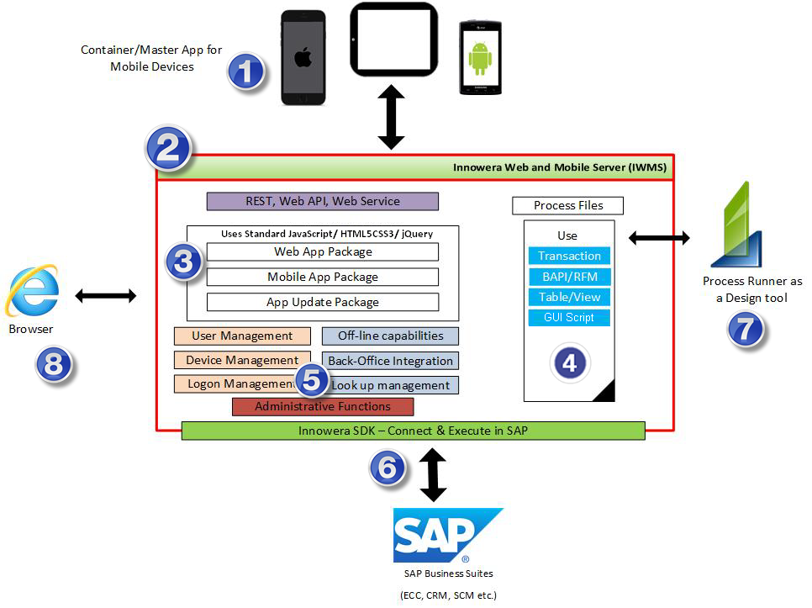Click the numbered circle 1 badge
coord(246,71)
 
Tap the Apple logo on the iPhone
coord(303,56)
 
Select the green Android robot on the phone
coord(480,58)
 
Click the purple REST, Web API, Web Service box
coord(323,201)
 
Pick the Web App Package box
coord(323,251)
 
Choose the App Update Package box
coord(323,302)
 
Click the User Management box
coord(242,336)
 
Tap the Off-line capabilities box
coord(391,336)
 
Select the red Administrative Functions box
coord(323,406)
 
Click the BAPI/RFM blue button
coord(570,277)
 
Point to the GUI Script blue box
coord(570,318)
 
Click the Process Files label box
coord(568,205)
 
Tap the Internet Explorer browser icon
coord(32,290)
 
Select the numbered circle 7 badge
coord(746,330)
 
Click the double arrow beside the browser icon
coord(106,296)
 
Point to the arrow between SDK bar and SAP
coord(433,475)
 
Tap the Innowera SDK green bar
coord(414,431)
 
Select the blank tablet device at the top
coord(394,40)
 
